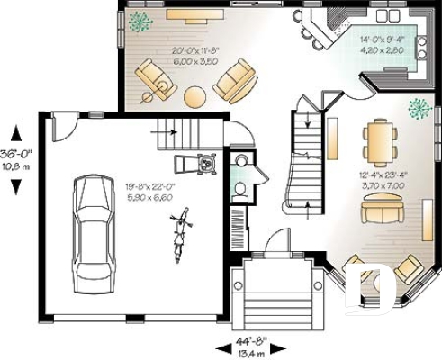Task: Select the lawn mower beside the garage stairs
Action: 207,164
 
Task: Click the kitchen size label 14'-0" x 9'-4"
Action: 380,45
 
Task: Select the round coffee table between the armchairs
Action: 195,95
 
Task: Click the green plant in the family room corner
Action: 140,22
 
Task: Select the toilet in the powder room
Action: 240,188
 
